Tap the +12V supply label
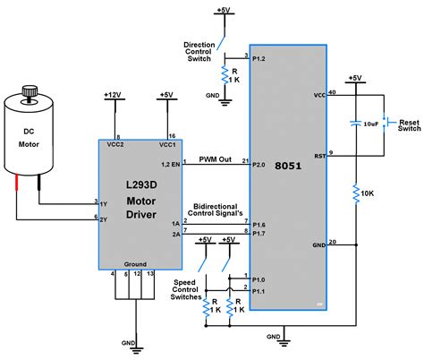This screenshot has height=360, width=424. pos(114,94)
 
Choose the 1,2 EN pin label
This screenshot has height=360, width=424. pos(168,165)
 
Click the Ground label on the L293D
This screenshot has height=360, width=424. pos(135,265)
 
